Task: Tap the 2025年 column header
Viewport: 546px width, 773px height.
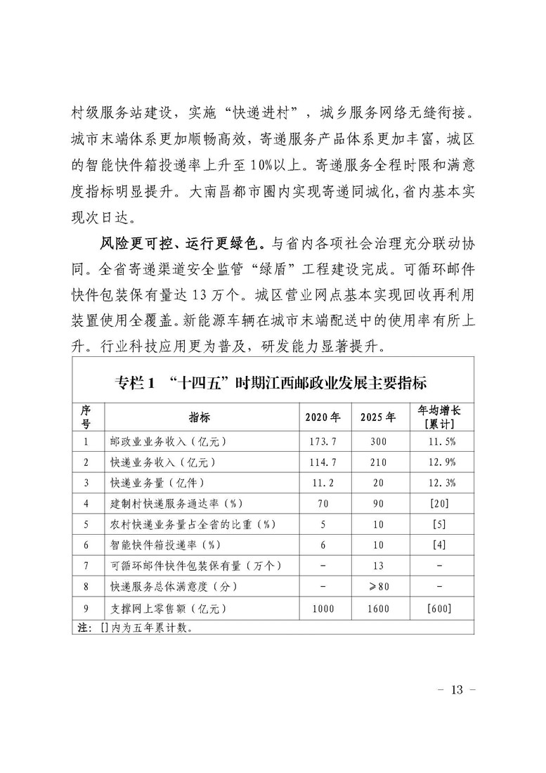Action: pos(377,416)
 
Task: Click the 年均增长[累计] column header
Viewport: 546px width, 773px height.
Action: pos(437,416)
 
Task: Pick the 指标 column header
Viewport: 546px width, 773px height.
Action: pos(199,416)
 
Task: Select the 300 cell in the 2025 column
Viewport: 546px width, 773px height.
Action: pos(377,442)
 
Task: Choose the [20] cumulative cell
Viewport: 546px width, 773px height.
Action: pos(438,504)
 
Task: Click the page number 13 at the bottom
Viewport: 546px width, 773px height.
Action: pos(457,689)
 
